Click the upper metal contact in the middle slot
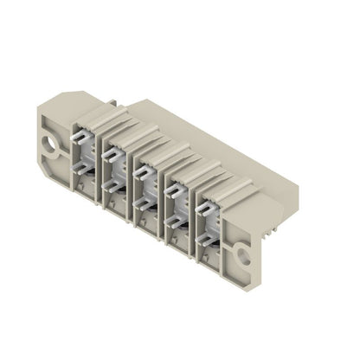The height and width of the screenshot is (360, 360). [x=144, y=169]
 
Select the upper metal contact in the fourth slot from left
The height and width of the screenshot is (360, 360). [x=175, y=188]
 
